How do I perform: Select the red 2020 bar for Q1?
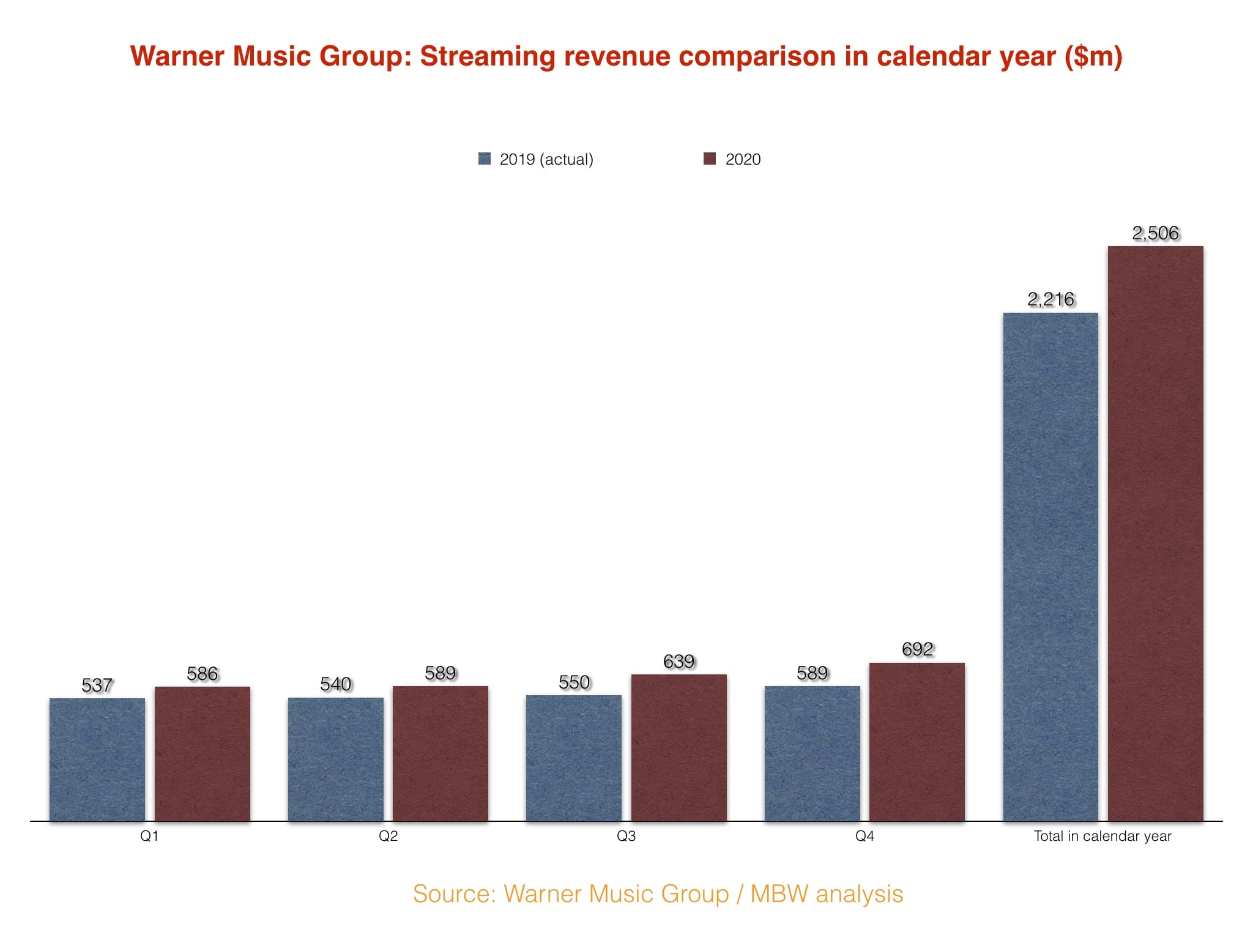203,753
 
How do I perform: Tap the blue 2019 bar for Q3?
574,758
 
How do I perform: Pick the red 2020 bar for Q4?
917,741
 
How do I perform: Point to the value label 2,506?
1155,233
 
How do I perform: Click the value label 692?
917,649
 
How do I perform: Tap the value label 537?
97,685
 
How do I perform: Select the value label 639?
679,662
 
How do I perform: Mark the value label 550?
574,682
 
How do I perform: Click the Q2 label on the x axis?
388,836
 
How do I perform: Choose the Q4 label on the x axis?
864,836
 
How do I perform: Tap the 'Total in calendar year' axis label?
1102,836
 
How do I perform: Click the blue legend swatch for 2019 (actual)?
485,159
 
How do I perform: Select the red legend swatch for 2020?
710,159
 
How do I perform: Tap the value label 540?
335,684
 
